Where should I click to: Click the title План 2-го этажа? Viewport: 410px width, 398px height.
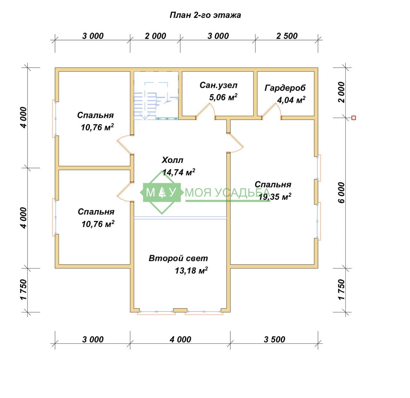(205, 15)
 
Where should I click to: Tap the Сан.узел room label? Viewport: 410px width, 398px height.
(218, 85)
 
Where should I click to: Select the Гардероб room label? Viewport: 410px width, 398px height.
(285, 88)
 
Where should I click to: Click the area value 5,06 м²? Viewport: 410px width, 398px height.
(223, 97)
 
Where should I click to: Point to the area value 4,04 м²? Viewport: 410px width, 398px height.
(291, 100)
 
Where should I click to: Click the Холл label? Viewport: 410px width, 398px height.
(172, 160)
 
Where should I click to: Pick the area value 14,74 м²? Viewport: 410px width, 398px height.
(178, 172)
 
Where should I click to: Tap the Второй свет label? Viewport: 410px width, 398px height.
(178, 258)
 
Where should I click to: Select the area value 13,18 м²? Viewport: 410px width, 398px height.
(191, 270)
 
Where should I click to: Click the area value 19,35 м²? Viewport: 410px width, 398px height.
(275, 197)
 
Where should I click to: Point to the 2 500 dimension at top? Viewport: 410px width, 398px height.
(287, 36)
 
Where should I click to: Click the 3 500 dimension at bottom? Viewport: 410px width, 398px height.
(274, 340)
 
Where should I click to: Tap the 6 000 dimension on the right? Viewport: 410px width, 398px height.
(341, 192)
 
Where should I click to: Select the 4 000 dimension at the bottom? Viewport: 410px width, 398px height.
(180, 340)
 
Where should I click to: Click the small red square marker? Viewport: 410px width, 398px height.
(354, 118)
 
